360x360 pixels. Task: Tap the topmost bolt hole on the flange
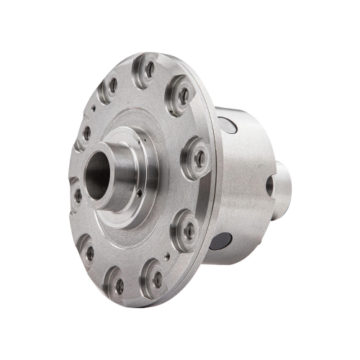150,69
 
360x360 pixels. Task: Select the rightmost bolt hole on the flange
199,158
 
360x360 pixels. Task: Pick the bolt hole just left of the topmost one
113,86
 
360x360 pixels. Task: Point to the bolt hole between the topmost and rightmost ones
184,95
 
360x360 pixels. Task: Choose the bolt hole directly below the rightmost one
189,230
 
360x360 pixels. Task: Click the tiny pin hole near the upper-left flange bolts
94,110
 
